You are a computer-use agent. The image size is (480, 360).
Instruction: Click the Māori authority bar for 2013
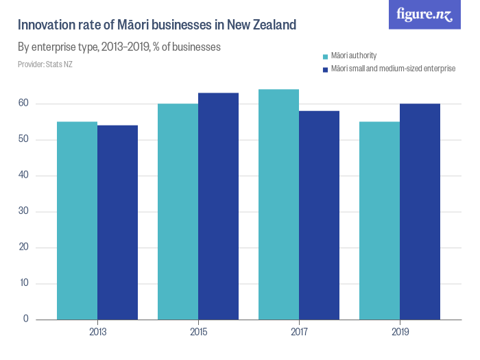pyautogui.click(x=77, y=220)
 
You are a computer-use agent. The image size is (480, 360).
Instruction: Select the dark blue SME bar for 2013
pyautogui.click(x=117, y=222)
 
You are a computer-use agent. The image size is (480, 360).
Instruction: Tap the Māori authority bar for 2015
pyautogui.click(x=178, y=211)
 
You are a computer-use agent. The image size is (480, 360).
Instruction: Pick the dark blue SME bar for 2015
pyautogui.click(x=218, y=206)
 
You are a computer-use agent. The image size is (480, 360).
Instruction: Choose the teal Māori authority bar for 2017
pyautogui.click(x=278, y=204)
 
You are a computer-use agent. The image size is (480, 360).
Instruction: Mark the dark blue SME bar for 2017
pyautogui.click(x=319, y=215)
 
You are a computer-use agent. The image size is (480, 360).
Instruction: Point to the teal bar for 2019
pyautogui.click(x=379, y=220)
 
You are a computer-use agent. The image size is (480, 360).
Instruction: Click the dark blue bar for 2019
pyautogui.click(x=420, y=211)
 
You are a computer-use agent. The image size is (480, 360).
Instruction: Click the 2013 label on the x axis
pyautogui.click(x=97, y=332)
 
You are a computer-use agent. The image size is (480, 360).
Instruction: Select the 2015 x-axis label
pyautogui.click(x=198, y=332)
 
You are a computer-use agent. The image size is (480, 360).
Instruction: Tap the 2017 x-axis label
pyautogui.click(x=299, y=332)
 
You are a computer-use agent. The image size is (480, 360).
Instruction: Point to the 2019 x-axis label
pyautogui.click(x=400, y=332)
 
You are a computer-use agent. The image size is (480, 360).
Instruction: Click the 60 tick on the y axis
pyautogui.click(x=23, y=104)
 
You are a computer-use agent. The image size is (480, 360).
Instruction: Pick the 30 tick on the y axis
pyautogui.click(x=23, y=211)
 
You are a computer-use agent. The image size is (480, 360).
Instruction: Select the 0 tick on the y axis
pyautogui.click(x=26, y=319)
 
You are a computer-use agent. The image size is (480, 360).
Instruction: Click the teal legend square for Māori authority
pyautogui.click(x=325, y=56)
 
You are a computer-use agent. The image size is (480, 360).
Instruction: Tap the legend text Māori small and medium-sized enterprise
pyautogui.click(x=393, y=69)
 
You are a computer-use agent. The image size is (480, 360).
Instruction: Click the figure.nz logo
pyautogui.click(x=424, y=14)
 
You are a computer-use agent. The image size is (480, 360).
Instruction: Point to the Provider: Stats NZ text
pyautogui.click(x=45, y=64)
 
